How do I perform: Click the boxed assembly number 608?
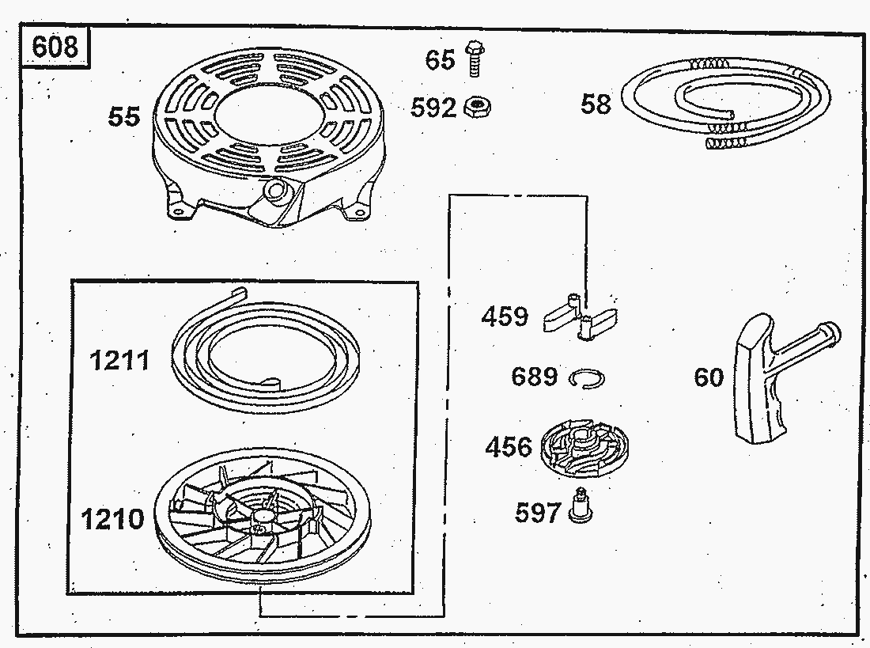click(x=55, y=47)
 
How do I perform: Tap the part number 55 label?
click(x=123, y=118)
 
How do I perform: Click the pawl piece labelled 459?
click(x=581, y=320)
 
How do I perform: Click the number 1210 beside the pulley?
click(x=113, y=520)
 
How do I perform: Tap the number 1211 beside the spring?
click(x=119, y=362)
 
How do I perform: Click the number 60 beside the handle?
click(x=709, y=378)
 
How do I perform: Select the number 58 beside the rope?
click(x=596, y=104)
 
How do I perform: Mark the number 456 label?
click(x=509, y=447)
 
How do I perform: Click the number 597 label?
click(x=538, y=513)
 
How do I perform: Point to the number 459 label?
click(x=505, y=317)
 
